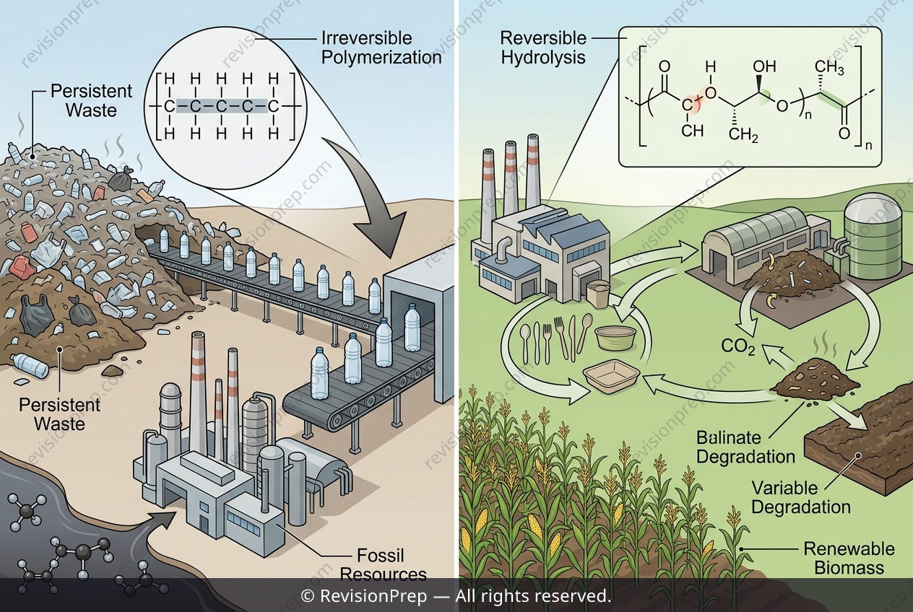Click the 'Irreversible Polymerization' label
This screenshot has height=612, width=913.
(381, 48)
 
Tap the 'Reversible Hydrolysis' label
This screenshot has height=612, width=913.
(543, 48)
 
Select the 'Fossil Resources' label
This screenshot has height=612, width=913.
(383, 565)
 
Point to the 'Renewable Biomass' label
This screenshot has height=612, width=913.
(849, 559)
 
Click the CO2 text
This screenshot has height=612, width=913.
(738, 346)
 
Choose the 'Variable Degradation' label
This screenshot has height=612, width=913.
(801, 497)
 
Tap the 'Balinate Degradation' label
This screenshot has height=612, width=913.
(746, 447)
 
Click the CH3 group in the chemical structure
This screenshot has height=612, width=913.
(829, 68)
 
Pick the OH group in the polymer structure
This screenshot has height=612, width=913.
(764, 67)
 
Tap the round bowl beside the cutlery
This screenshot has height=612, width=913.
(615, 336)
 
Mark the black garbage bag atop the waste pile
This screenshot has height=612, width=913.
(121, 180)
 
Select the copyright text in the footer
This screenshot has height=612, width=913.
(456, 596)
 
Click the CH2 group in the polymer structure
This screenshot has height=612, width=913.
(743, 135)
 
